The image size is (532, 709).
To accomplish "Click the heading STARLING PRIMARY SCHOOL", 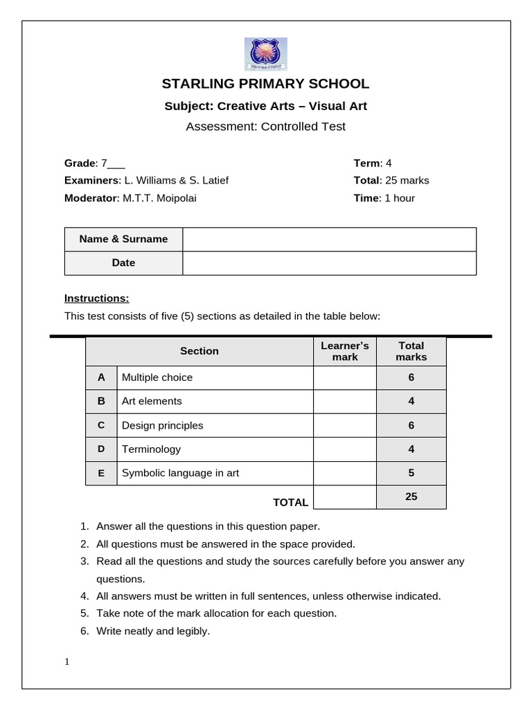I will (x=265, y=84).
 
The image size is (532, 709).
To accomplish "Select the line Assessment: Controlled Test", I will (x=265, y=127).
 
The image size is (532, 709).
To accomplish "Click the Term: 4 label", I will (x=373, y=163).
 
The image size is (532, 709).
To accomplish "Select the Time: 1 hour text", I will (x=384, y=198).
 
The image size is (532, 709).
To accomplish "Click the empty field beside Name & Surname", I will (x=329, y=239).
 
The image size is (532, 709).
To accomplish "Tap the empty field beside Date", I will (x=329, y=263).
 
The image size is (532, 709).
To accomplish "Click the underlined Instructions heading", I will (x=97, y=298).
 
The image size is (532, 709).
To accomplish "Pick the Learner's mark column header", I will (x=345, y=351).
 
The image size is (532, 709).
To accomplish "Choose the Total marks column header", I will (x=411, y=351).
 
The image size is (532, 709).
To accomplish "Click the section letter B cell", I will (x=101, y=401).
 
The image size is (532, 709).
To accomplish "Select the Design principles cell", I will (x=163, y=425).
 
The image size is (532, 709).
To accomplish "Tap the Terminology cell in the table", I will (x=151, y=449).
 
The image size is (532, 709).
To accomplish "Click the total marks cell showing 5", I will (x=411, y=474).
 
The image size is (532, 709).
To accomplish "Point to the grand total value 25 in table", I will (x=411, y=496).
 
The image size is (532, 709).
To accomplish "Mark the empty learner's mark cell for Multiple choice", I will (x=345, y=377).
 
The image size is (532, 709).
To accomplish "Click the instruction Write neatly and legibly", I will (x=153, y=631).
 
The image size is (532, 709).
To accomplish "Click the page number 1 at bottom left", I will (x=67, y=662).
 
